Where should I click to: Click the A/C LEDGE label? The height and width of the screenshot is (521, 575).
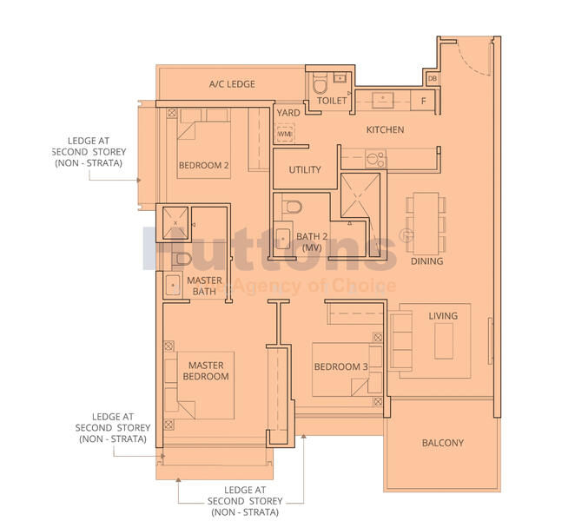click(232, 84)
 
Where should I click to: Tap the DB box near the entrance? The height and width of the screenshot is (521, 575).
click(433, 78)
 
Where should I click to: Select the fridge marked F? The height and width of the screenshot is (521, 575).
click(424, 101)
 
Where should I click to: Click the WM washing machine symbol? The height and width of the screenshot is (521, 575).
click(284, 134)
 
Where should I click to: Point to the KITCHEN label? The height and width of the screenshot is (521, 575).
click(385, 129)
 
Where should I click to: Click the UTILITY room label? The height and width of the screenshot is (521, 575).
click(305, 169)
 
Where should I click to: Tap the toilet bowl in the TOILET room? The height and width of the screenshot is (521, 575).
click(320, 83)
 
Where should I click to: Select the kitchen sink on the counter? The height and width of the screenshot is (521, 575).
click(383, 100)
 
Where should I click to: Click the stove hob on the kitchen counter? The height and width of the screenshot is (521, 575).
click(375, 159)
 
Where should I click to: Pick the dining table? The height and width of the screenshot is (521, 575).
click(426, 223)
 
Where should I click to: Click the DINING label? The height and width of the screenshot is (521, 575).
click(426, 261)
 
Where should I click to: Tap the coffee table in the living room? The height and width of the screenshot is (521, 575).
click(444, 340)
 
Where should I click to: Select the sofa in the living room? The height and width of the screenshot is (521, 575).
click(400, 340)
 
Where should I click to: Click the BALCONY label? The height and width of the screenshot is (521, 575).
click(443, 443)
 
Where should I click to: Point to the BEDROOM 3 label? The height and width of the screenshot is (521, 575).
click(341, 366)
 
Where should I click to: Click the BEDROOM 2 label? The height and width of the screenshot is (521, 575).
click(203, 165)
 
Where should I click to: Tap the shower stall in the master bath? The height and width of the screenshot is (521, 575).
click(175, 223)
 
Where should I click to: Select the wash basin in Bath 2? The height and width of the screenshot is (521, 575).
click(283, 238)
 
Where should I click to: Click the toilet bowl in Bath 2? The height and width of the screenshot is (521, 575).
click(292, 207)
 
